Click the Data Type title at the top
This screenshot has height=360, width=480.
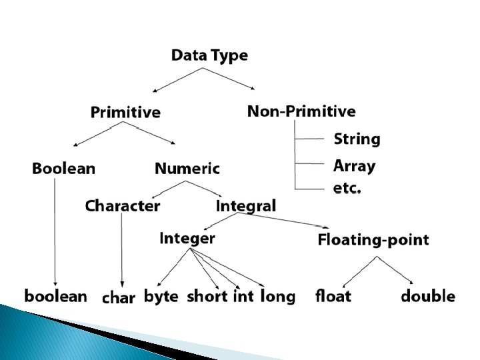[209, 55]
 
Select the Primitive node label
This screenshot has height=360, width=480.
[125, 112]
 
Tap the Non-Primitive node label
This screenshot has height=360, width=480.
[301, 111]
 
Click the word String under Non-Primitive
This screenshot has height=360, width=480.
[357, 139]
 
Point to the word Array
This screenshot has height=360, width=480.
[354, 166]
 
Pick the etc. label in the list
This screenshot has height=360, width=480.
[347, 188]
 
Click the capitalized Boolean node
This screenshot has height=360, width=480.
[63, 169]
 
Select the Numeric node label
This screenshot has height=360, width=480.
[187, 169]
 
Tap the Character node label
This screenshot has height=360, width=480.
[123, 206]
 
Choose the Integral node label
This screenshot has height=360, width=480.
[245, 206]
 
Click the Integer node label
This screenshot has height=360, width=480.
[187, 238]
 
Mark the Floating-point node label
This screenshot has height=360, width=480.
[373, 240]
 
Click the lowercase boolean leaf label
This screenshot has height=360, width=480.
[56, 296]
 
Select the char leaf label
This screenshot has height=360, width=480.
[119, 298]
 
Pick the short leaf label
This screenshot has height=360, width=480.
[207, 296]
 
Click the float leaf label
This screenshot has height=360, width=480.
[333, 296]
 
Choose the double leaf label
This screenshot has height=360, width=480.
[428, 296]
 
